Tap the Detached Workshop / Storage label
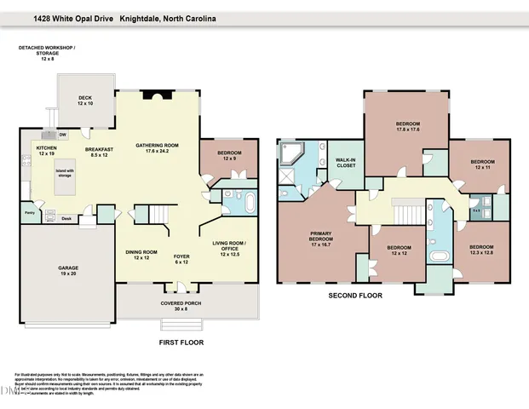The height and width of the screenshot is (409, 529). click(x=48, y=52)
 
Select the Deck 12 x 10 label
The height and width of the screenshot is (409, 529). click(x=85, y=101)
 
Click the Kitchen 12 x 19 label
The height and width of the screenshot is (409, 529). click(x=46, y=151)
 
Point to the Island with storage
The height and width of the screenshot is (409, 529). click(x=66, y=177)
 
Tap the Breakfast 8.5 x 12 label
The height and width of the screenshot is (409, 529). click(x=100, y=151)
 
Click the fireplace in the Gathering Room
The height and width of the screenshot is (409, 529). click(x=159, y=96)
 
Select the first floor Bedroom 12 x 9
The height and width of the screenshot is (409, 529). click(x=228, y=155)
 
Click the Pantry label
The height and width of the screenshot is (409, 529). click(x=29, y=214)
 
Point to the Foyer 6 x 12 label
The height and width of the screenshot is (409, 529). click(x=181, y=257)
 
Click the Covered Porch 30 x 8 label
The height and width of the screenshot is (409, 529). click(x=181, y=307)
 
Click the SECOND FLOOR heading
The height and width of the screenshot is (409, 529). click(x=355, y=296)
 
